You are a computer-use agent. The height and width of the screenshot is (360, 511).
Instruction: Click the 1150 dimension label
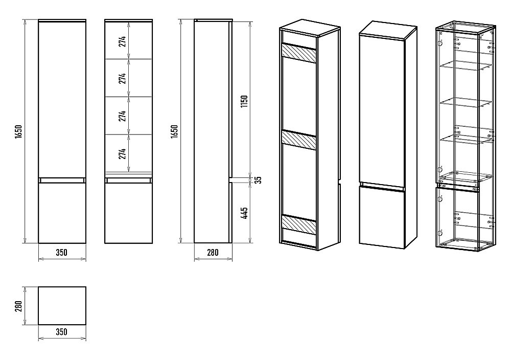(x=244, y=102)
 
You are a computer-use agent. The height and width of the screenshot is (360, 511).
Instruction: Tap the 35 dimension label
(x=258, y=179)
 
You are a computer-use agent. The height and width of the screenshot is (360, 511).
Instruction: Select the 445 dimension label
(x=245, y=213)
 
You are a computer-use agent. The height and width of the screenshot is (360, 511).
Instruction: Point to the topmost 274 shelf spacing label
(x=122, y=41)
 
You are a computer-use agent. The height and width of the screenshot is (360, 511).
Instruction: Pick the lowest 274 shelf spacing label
(x=122, y=153)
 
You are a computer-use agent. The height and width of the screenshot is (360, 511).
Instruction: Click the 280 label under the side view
(x=213, y=252)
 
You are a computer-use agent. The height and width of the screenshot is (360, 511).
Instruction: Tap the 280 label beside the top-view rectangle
(x=18, y=306)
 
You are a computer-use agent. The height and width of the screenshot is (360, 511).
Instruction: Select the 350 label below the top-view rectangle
(x=62, y=332)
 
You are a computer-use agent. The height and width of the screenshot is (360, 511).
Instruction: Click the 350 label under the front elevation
(x=62, y=252)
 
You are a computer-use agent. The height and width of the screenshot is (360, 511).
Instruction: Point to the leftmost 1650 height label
(x=18, y=131)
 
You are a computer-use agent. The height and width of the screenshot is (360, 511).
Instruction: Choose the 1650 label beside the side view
(x=174, y=131)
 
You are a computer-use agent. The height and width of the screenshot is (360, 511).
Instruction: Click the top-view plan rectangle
(x=62, y=306)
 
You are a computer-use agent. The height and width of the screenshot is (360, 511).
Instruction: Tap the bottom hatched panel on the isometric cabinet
(x=299, y=224)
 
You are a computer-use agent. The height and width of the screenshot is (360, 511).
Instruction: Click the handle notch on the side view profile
(x=230, y=179)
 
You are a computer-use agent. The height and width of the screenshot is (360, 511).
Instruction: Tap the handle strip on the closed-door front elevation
(x=62, y=180)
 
